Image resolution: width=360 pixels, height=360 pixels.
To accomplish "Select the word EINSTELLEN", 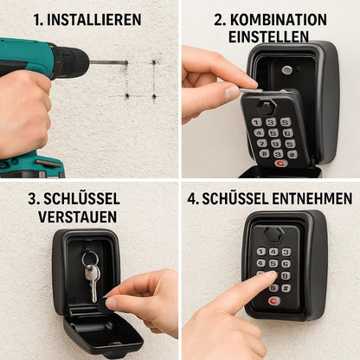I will (269, 37).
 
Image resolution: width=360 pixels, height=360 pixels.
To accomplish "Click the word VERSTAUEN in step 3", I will (78, 216).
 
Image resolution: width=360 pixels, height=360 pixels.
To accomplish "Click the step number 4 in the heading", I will (192, 198).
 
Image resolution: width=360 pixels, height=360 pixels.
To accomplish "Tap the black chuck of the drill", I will (74, 62).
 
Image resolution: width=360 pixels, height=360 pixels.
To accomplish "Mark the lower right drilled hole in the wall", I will (154, 94).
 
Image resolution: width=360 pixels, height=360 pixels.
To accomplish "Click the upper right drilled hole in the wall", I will (155, 63).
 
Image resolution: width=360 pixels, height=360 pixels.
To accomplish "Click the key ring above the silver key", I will (90, 258).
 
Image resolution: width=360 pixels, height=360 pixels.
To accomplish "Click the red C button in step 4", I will (273, 301).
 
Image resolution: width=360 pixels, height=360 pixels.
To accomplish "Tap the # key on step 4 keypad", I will (286, 288).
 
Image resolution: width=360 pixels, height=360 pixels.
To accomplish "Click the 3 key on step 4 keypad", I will (286, 252).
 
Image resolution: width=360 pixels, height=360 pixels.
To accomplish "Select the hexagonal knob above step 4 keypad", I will (273, 234).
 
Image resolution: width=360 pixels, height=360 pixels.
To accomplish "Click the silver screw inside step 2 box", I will (286, 70).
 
